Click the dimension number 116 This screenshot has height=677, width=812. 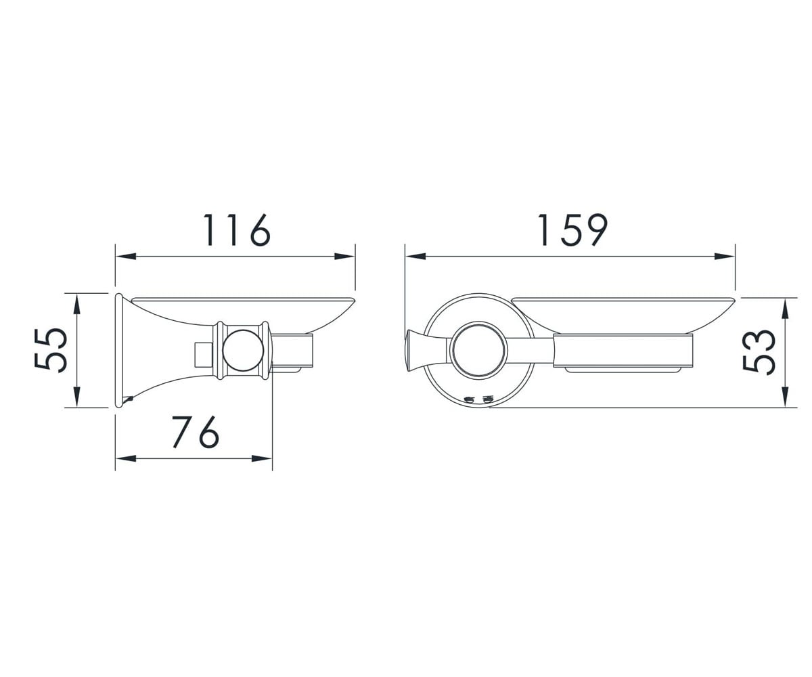tap(236, 230)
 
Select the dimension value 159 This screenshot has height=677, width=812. tap(572, 230)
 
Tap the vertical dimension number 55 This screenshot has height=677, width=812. tap(51, 351)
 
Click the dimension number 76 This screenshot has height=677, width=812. tap(196, 432)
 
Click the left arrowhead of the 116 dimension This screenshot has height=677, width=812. tap(126, 257)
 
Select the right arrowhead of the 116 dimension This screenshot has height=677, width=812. tap(344, 257)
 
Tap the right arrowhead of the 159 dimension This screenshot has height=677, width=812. tap(725, 257)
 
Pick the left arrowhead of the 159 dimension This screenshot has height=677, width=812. tap(415, 257)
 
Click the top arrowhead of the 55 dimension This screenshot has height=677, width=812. tap(77, 305)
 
